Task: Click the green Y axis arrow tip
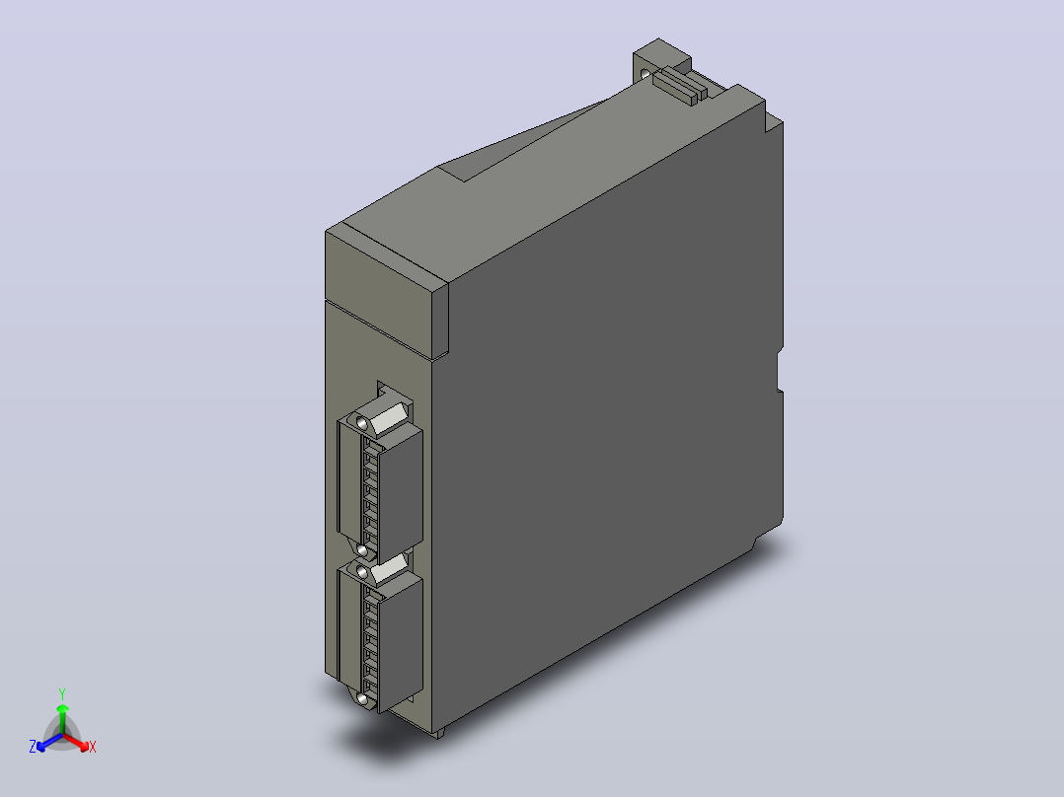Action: tap(62, 707)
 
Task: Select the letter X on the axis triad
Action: tap(93, 747)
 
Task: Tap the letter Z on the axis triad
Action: tap(33, 747)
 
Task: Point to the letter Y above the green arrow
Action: tap(62, 693)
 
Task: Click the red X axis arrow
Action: tap(76, 742)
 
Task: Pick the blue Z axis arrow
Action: tap(49, 742)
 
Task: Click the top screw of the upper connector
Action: tap(361, 424)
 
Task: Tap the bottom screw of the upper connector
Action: tap(361, 550)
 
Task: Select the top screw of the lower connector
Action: tap(362, 573)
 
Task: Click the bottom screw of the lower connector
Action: tap(362, 699)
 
